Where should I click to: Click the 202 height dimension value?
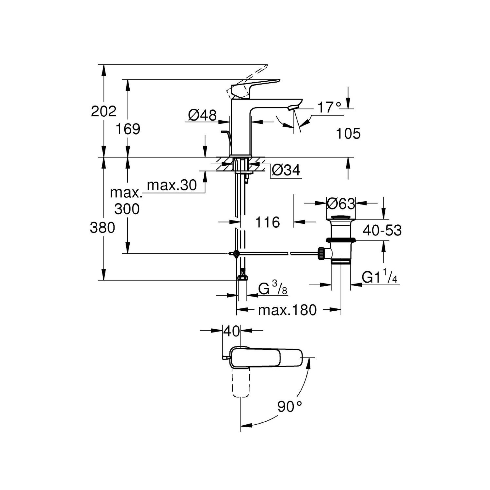(104, 111)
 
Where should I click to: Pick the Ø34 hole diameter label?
(286, 170)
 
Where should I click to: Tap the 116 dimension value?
(268, 222)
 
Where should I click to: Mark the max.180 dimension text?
(287, 310)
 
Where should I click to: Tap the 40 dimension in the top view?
(232, 331)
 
